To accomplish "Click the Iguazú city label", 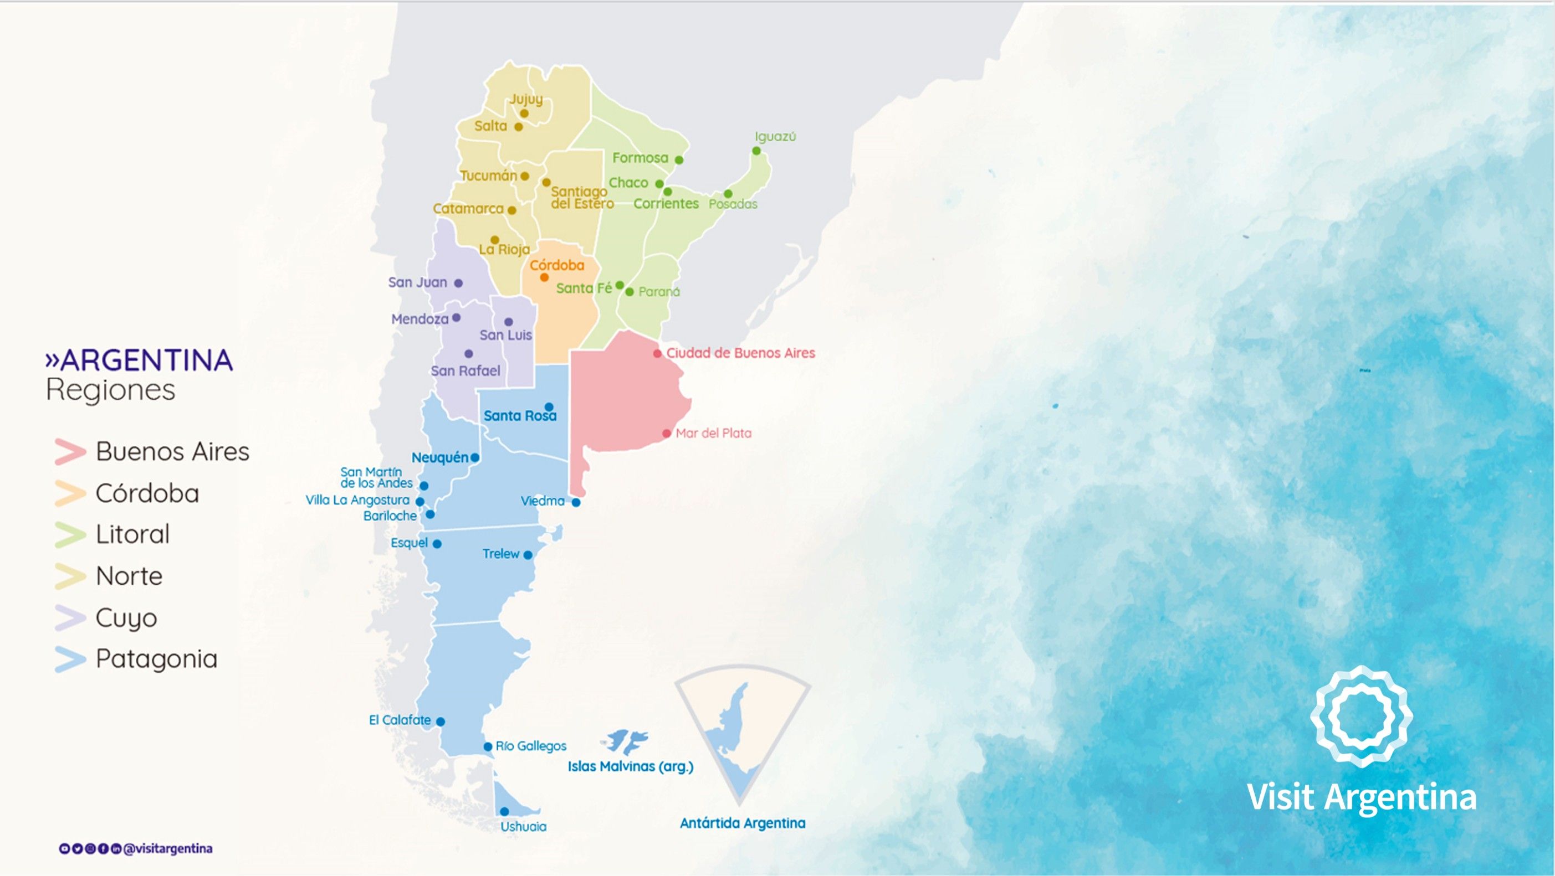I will (x=775, y=136).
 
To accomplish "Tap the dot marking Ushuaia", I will (x=504, y=811).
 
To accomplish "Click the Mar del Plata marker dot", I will (x=667, y=433).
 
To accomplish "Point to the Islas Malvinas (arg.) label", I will (x=630, y=766).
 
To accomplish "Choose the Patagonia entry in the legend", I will (x=156, y=659).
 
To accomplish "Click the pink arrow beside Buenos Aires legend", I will (x=70, y=452).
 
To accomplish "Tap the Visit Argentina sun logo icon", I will (x=1361, y=716).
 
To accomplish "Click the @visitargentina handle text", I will (x=168, y=849).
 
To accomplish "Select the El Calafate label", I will (x=400, y=720).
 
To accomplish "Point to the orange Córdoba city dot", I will (x=544, y=277).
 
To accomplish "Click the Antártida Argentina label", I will (x=743, y=823).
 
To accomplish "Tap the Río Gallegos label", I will (x=530, y=746).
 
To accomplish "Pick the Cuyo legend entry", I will (x=126, y=618).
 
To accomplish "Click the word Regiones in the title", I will (x=110, y=389).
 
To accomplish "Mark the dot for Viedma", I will (x=576, y=502).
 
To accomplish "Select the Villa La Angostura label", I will (x=357, y=500).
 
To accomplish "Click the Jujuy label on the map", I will (x=526, y=99).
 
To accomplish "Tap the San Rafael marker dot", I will (x=468, y=353).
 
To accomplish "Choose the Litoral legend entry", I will (x=132, y=534).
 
